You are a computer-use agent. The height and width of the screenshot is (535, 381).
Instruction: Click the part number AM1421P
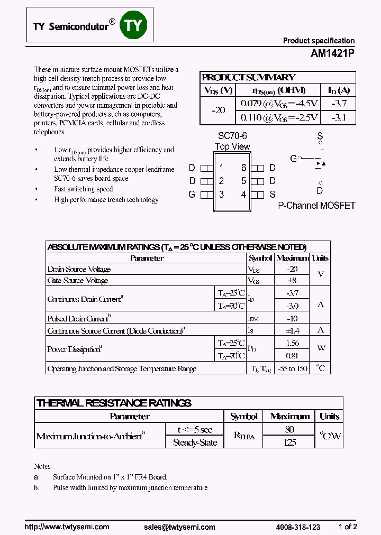(332, 53)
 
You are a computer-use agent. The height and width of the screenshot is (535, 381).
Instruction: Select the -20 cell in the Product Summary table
(218, 110)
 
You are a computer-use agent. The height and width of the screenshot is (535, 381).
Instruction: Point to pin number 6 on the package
(243, 168)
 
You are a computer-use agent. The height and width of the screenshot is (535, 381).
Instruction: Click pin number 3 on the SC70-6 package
(221, 194)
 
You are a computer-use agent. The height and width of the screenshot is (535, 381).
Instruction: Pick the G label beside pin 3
(192, 194)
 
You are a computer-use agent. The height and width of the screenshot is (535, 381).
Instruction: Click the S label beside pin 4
(272, 194)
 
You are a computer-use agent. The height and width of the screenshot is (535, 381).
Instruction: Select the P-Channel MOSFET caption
(316, 206)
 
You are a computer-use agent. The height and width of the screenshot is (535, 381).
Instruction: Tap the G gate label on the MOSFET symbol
(293, 158)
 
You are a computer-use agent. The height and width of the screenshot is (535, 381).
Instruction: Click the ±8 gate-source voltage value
(292, 281)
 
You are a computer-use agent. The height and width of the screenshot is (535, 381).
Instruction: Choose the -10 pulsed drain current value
(292, 318)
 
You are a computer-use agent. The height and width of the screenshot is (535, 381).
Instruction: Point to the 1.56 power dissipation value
(292, 343)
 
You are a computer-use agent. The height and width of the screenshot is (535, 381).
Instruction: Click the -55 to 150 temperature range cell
(292, 368)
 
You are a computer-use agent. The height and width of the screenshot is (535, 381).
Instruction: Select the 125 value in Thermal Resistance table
(289, 442)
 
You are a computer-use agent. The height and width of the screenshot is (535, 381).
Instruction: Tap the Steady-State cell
(195, 442)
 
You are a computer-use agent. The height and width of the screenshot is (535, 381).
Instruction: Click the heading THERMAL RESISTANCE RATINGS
(114, 403)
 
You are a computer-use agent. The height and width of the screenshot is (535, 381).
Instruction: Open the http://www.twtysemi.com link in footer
(67, 527)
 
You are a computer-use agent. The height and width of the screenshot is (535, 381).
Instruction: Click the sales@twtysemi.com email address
(179, 527)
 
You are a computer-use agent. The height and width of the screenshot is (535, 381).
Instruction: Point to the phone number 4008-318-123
(298, 527)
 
